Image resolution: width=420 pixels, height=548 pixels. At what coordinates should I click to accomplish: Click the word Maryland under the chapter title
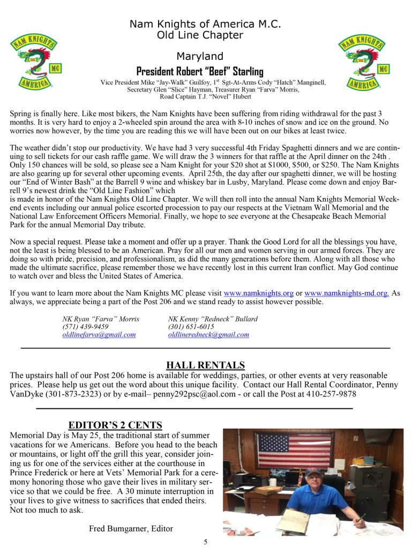point(200,57)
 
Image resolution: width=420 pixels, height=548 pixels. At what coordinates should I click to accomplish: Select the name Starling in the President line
point(244,71)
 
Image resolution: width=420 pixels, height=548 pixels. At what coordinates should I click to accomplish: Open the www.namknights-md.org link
point(346,293)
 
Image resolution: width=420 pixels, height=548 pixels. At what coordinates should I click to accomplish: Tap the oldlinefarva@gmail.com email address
point(99,334)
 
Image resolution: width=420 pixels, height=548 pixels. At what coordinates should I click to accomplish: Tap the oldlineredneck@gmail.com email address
point(208,334)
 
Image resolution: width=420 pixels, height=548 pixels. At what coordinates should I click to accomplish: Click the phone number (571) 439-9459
point(86,326)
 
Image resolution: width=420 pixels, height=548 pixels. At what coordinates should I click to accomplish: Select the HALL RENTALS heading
point(205,366)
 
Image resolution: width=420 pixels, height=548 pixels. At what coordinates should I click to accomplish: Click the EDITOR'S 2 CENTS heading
point(115,425)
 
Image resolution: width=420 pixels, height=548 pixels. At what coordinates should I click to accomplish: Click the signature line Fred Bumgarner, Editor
point(131,529)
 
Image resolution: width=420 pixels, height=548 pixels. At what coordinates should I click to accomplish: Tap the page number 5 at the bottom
point(205,542)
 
